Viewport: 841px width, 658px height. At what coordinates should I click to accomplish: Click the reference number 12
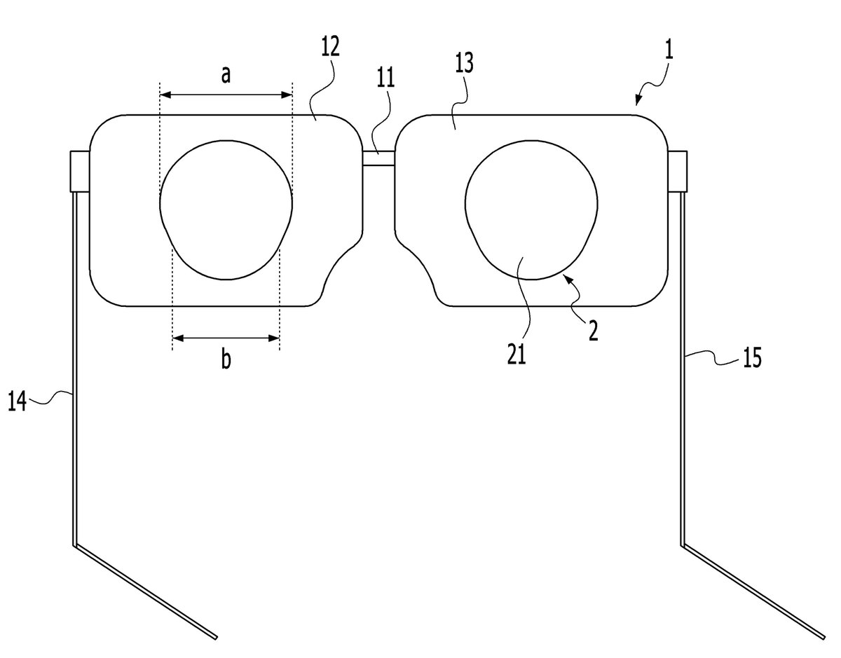click(x=330, y=46)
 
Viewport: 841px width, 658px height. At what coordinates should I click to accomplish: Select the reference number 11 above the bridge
click(x=385, y=77)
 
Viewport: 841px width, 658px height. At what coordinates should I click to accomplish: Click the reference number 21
click(x=517, y=354)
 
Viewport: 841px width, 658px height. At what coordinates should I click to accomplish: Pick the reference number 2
click(x=594, y=330)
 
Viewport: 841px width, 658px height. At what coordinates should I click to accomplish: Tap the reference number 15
click(x=752, y=357)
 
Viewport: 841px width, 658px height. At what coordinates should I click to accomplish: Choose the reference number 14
click(x=18, y=401)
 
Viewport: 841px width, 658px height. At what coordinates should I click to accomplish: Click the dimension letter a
click(x=226, y=74)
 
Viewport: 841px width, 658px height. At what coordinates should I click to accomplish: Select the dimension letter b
click(x=226, y=358)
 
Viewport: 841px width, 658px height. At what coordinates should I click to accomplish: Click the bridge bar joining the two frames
click(x=379, y=158)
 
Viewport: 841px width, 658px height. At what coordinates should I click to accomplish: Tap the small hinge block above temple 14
click(x=80, y=172)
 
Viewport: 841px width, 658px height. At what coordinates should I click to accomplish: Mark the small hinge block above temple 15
click(x=677, y=172)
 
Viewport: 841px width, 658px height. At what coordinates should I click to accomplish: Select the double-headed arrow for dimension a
click(x=226, y=95)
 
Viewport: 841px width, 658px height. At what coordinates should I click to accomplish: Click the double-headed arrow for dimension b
click(x=226, y=338)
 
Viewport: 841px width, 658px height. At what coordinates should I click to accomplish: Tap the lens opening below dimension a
click(x=226, y=210)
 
